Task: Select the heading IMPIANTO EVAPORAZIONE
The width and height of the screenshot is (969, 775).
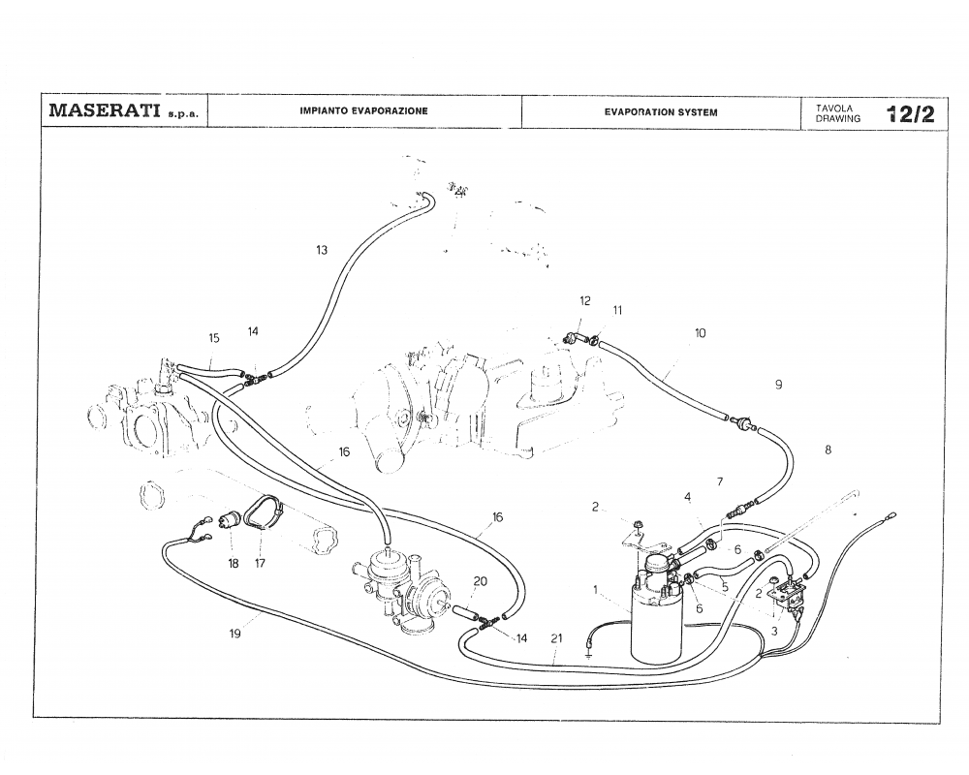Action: (363, 111)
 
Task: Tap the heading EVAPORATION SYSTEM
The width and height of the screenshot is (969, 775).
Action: (661, 112)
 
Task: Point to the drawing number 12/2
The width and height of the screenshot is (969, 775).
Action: (910, 113)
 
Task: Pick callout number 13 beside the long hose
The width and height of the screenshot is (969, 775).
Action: (322, 250)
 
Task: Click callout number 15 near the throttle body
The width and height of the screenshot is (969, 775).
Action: (214, 338)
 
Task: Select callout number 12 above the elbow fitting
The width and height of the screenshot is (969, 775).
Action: (585, 301)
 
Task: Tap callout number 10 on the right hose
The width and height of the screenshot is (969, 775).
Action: (701, 333)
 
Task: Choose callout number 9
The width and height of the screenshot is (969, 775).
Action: (778, 385)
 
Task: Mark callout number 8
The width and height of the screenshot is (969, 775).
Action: (828, 449)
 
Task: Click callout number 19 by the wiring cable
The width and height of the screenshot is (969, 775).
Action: (235, 634)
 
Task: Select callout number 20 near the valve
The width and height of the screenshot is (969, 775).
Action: (481, 581)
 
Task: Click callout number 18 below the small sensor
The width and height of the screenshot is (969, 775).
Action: (234, 563)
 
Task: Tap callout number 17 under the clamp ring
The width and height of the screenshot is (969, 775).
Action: (261, 563)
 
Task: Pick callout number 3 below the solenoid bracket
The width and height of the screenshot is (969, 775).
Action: (774, 631)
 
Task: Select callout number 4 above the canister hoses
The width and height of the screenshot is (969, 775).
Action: (688, 497)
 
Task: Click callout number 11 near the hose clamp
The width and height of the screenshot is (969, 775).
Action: (618, 310)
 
